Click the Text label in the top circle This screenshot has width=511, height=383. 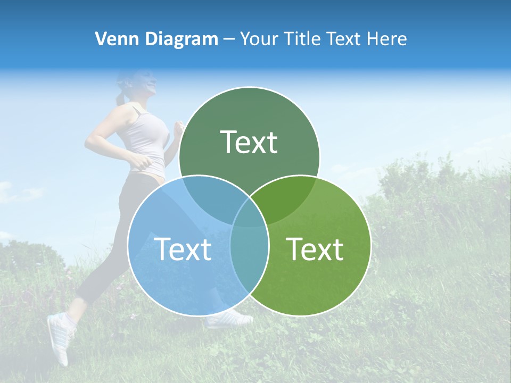[249, 143]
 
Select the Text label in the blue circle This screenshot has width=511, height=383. [183, 249]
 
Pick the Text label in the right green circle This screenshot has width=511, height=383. [315, 249]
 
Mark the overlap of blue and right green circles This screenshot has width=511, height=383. [249, 247]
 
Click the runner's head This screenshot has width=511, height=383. [144, 84]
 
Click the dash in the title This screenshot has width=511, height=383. [229, 39]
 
